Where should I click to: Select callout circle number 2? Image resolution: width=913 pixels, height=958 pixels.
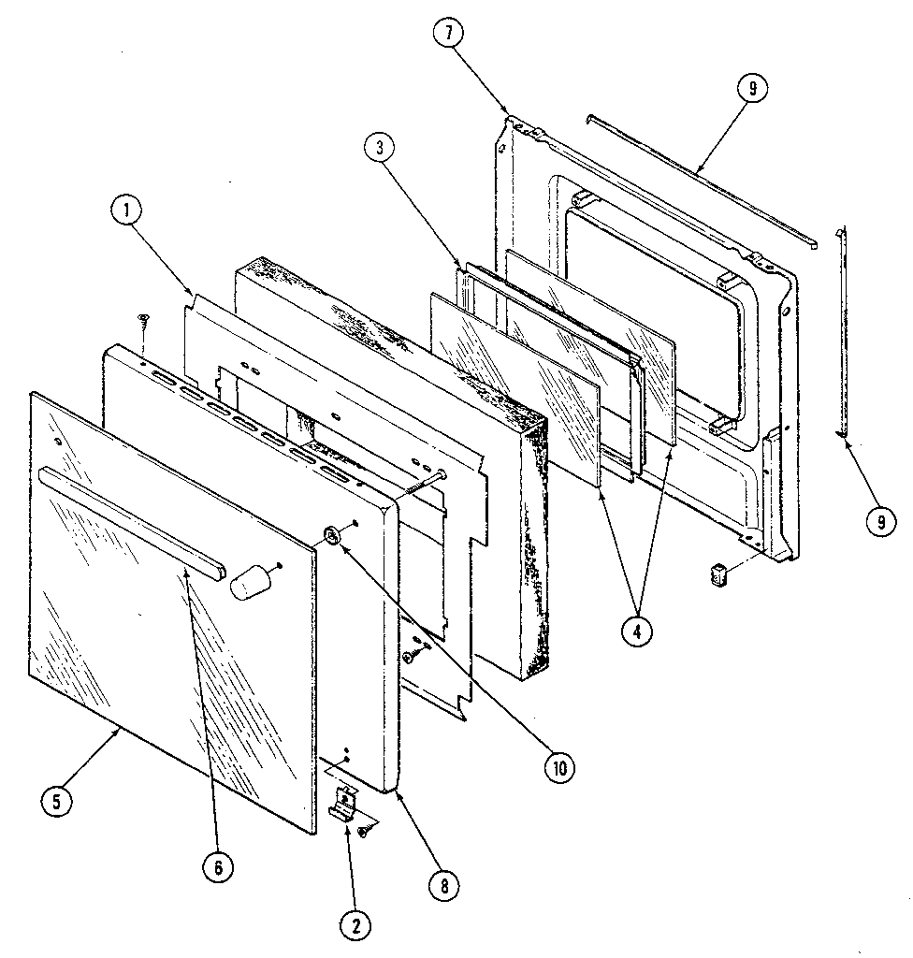pos(354,925)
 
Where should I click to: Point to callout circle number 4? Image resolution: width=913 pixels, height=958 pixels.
pos(636,631)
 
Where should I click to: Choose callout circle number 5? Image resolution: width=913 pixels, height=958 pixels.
pos(58,802)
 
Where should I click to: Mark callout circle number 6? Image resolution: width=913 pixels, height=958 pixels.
pos(217,866)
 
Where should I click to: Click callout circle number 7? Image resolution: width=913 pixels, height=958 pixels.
pos(448,33)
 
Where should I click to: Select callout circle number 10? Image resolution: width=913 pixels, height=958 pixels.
pos(559,767)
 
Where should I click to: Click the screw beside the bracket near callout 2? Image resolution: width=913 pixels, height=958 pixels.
pos(363,830)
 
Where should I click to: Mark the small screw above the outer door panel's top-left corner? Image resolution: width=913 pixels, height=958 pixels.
pos(143,321)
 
